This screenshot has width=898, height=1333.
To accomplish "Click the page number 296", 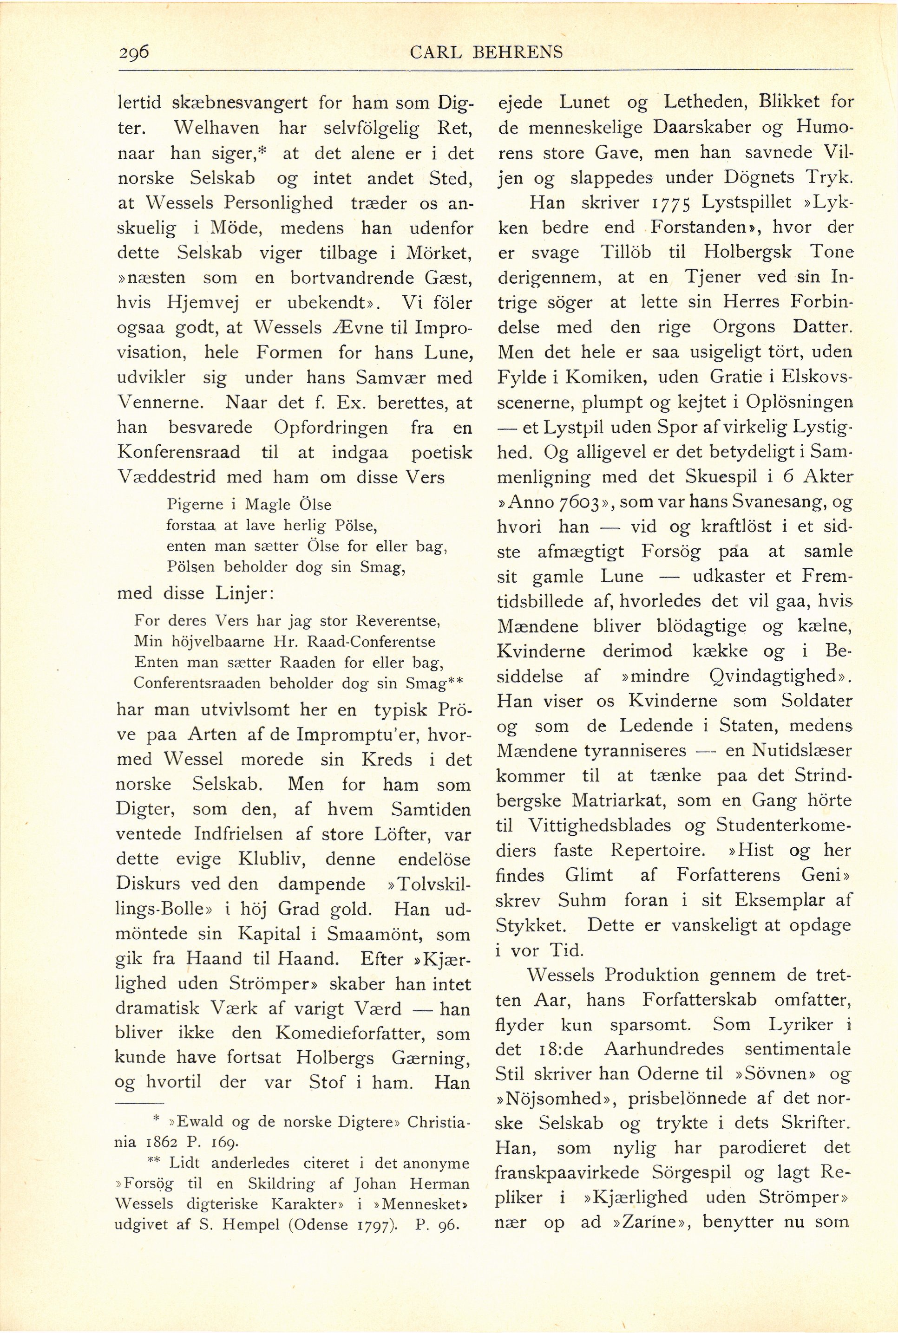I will coord(133,52).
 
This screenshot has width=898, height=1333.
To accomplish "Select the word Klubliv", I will coord(266,859).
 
